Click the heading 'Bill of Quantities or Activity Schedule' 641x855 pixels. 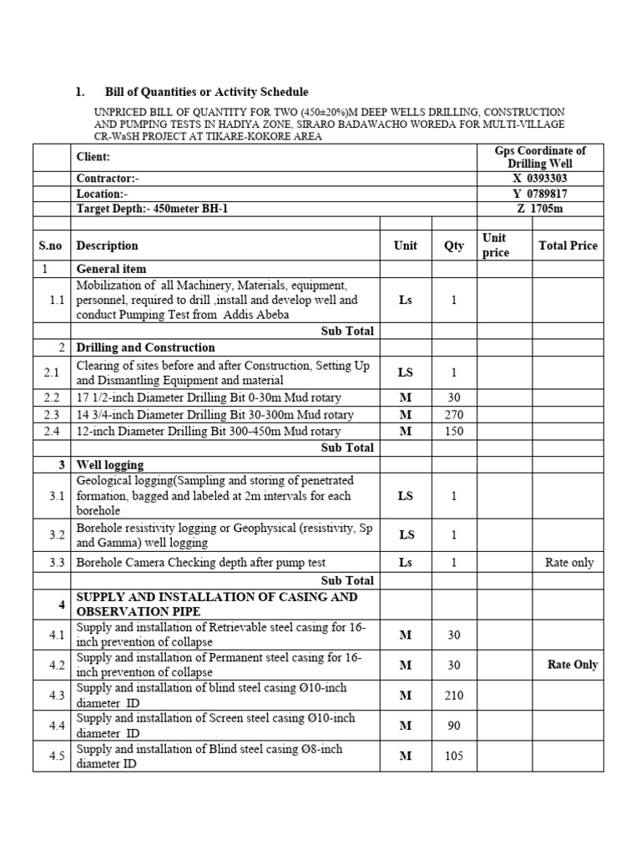tap(206, 92)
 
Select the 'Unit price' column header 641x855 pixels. tap(496, 245)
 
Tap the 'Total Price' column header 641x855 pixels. tap(568, 245)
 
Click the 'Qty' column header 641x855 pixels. tap(454, 245)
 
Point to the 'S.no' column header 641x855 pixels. tap(52, 245)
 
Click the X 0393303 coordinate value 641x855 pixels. tap(547, 179)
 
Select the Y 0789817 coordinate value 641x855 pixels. tap(547, 194)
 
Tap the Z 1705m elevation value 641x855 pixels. tap(547, 209)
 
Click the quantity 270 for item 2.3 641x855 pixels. tap(454, 415)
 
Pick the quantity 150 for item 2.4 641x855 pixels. tap(454, 431)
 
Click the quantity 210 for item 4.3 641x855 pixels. tap(454, 695)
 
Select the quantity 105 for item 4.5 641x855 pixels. tap(454, 756)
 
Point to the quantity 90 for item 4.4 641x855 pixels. tap(454, 726)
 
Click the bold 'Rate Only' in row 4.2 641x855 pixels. tap(573, 665)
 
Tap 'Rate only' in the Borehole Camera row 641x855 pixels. tap(569, 563)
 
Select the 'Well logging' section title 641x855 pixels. tap(110, 464)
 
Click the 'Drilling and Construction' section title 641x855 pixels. tap(145, 347)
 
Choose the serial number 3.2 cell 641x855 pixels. tap(55, 534)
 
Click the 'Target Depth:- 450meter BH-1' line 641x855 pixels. tap(152, 209)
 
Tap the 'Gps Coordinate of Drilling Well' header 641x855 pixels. tap(547, 157)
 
